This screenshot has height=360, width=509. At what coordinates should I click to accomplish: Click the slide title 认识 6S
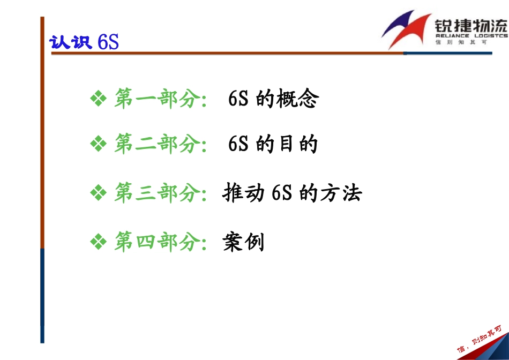point(84,42)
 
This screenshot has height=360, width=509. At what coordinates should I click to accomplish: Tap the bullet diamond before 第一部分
point(99,99)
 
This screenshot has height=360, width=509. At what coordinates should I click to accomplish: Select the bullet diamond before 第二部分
point(99,144)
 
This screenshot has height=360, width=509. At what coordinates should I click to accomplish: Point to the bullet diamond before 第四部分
point(99,243)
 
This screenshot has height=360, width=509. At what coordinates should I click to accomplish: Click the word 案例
point(243,243)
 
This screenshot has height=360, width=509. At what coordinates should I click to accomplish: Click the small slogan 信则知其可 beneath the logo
point(461,42)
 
